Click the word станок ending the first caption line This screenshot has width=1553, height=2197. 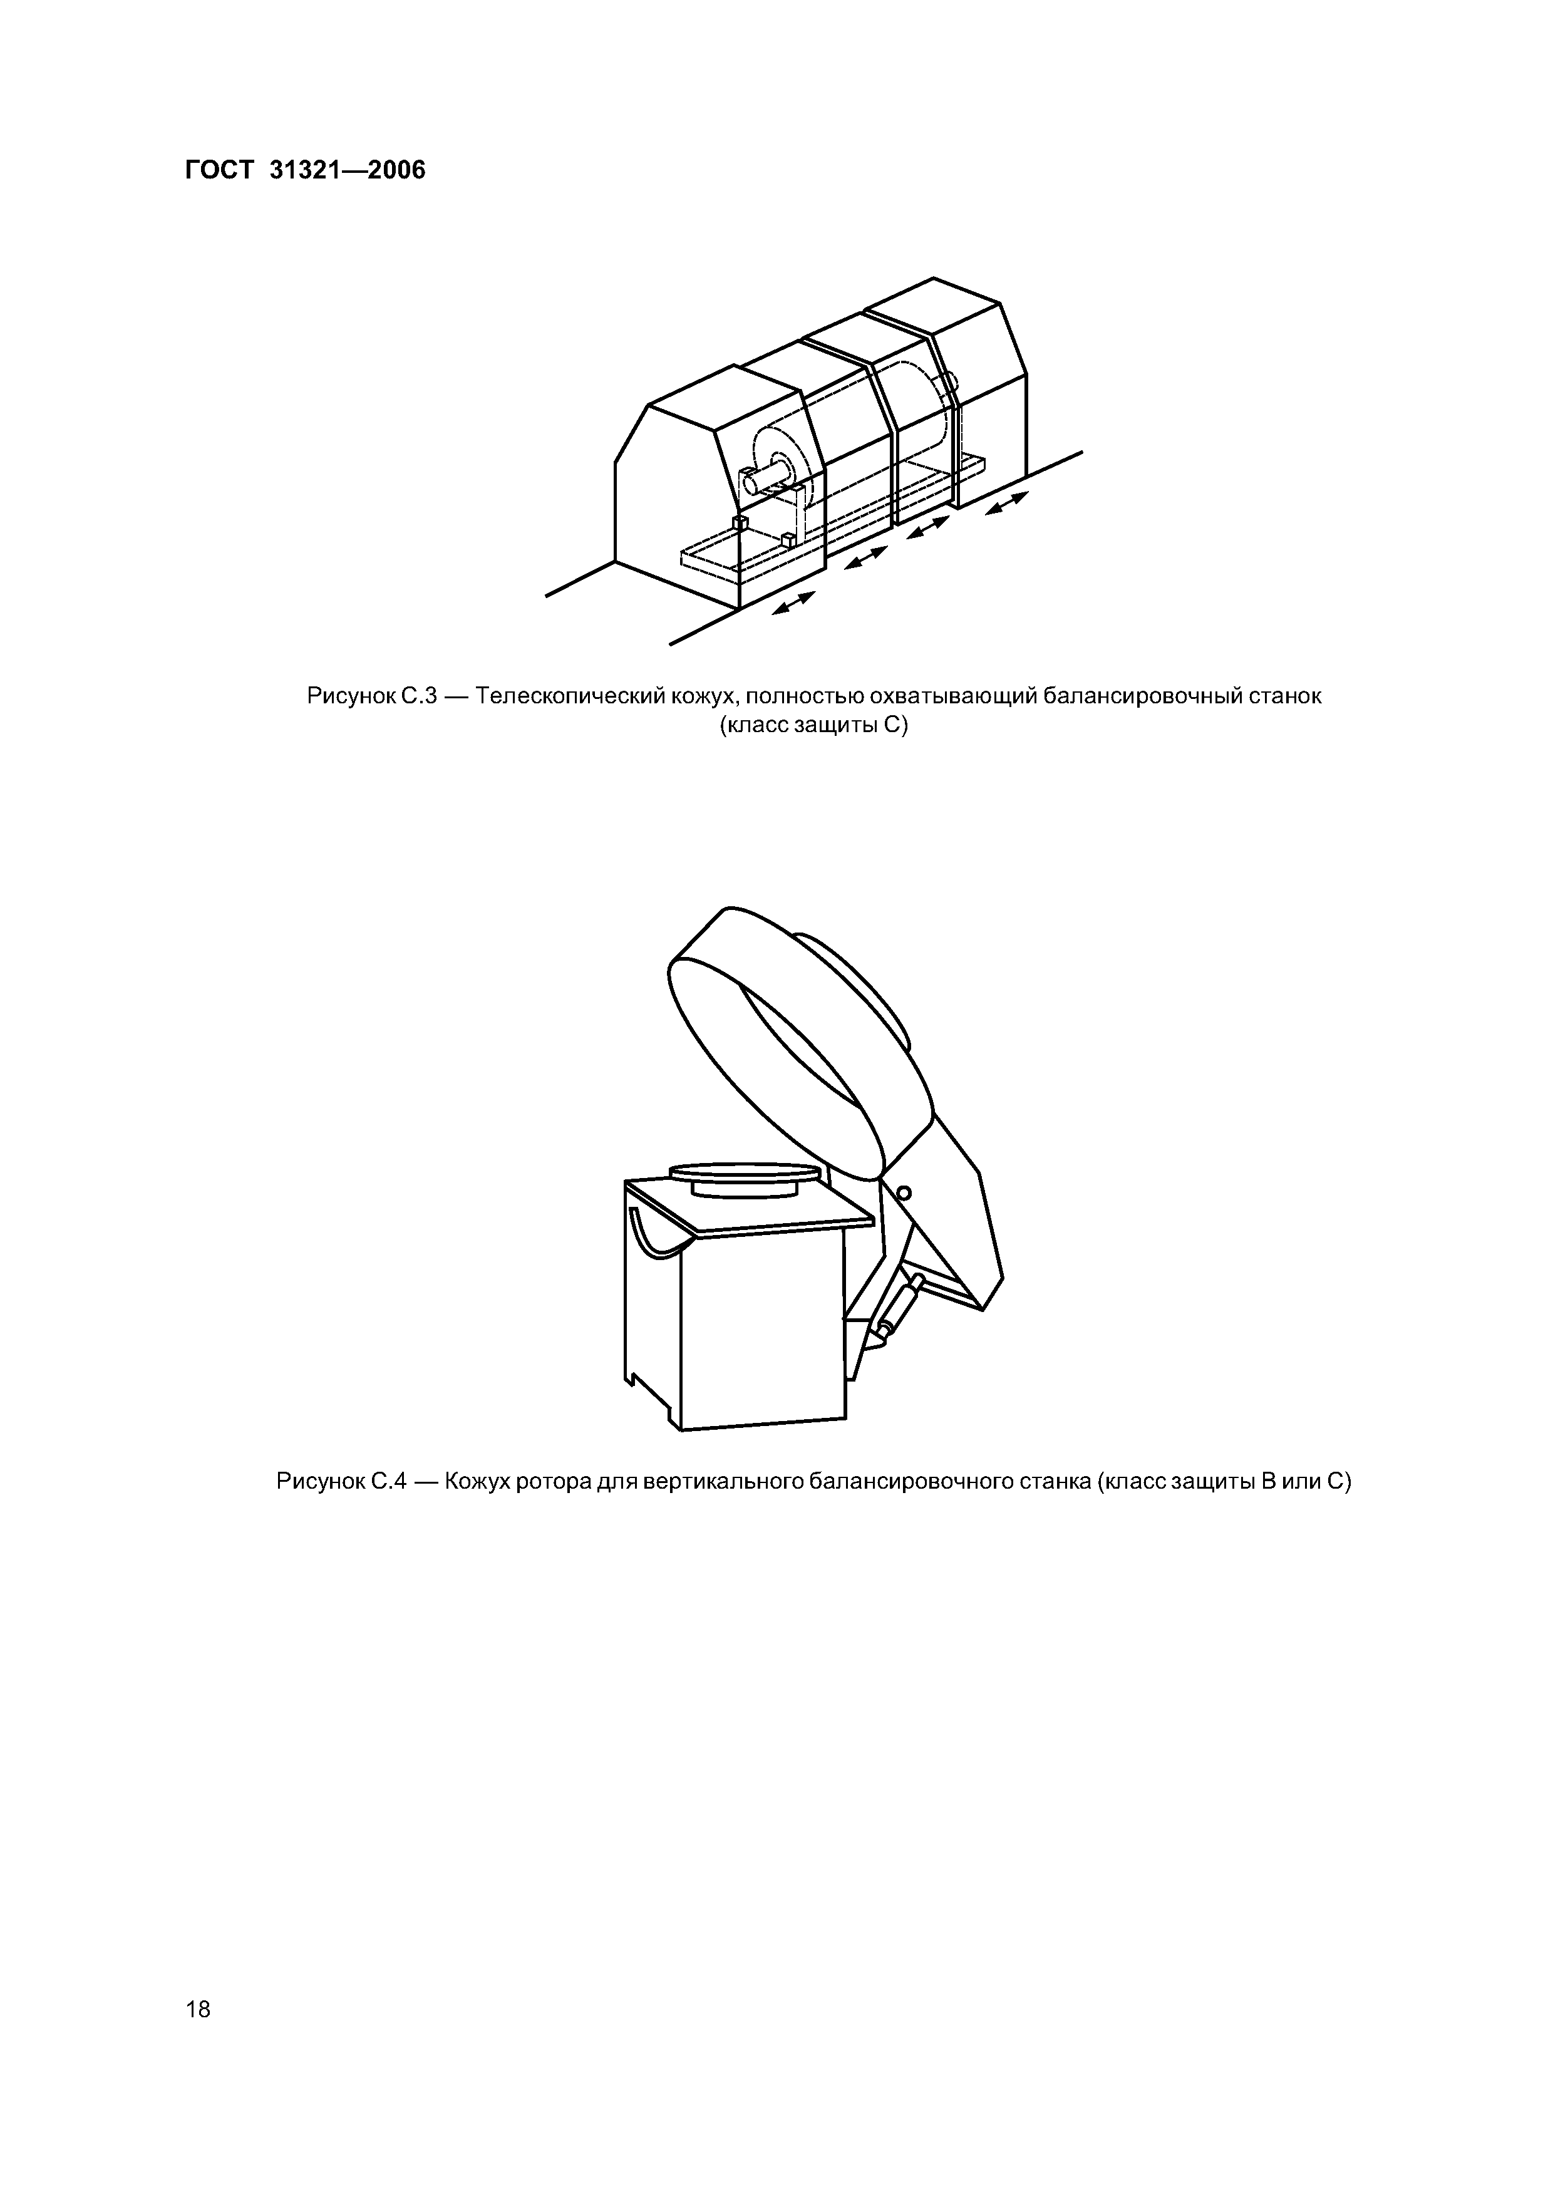pos(1285,696)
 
